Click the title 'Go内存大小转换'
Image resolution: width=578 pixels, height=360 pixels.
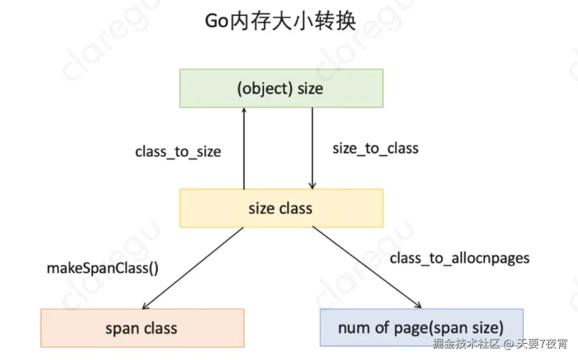(x=280, y=21)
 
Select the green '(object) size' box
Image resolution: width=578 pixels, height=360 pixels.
(x=281, y=88)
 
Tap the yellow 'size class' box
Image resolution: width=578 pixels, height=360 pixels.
(x=281, y=208)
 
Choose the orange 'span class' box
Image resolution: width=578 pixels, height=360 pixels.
(x=142, y=328)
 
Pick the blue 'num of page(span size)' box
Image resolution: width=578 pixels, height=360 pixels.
(x=421, y=327)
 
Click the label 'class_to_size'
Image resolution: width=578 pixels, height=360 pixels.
(x=178, y=151)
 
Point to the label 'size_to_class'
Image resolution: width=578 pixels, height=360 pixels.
(x=375, y=148)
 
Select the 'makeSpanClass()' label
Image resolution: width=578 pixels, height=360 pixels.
(x=103, y=268)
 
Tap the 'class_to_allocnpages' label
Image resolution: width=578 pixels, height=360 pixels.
(x=459, y=258)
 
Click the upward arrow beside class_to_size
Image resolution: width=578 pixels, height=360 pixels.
(x=244, y=149)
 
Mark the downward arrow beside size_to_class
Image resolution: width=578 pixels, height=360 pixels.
(x=312, y=149)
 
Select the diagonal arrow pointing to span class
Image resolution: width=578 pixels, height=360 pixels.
(x=193, y=268)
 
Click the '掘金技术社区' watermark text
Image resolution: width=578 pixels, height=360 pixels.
(x=466, y=344)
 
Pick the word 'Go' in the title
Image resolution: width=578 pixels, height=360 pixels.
(x=215, y=21)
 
